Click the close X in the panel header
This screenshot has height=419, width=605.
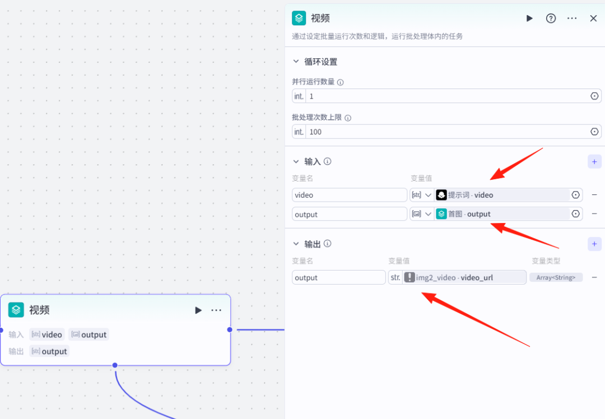pyautogui.click(x=593, y=18)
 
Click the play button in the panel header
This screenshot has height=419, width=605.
pyautogui.click(x=529, y=18)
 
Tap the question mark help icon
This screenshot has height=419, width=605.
pyautogui.click(x=551, y=18)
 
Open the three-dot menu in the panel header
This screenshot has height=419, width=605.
pyautogui.click(x=572, y=18)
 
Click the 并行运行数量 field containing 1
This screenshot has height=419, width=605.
pyautogui.click(x=448, y=96)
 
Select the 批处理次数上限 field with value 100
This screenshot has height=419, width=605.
pyautogui.click(x=448, y=132)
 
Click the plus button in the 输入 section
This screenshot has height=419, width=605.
pyautogui.click(x=594, y=162)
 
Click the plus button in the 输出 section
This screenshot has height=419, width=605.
pyautogui.click(x=594, y=244)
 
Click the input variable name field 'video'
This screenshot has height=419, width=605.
pyautogui.click(x=349, y=195)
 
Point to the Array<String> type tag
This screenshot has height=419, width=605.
pyautogui.click(x=556, y=277)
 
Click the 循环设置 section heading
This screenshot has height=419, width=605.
pyautogui.click(x=320, y=62)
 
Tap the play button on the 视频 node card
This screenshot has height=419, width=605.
pyautogui.click(x=198, y=310)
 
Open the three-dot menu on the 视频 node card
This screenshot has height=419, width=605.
pyautogui.click(x=216, y=310)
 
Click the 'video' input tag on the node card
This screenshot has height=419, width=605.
pyautogui.click(x=47, y=334)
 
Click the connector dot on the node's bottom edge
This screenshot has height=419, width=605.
pyautogui.click(x=115, y=365)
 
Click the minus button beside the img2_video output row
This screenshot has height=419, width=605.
pyautogui.click(x=594, y=277)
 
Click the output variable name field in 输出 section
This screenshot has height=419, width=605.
pyautogui.click(x=338, y=277)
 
